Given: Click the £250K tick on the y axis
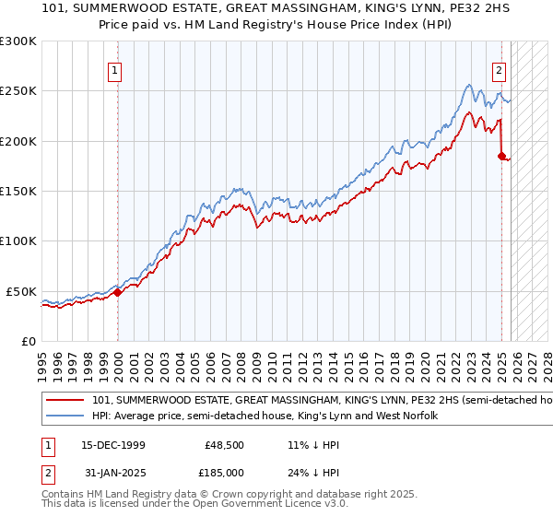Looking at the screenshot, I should coord(18,91).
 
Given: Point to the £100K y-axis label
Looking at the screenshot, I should coord(18,240).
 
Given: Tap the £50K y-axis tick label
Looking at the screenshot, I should coord(22,291).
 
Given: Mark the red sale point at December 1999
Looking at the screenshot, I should coord(117,293).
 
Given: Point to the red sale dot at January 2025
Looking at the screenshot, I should coord(501,157).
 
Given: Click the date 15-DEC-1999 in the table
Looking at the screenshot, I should coord(112,445).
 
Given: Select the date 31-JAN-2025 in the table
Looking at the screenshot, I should coord(112,473).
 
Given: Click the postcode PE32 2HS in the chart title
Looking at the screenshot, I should coord(453,11).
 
